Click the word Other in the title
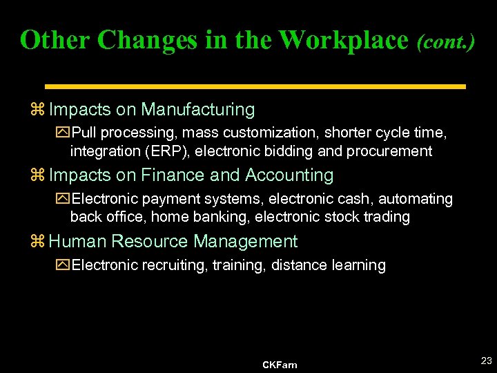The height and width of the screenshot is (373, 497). tap(56, 40)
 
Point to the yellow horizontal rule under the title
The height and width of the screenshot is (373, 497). tap(255, 86)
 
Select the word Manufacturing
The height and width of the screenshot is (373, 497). tap(198, 109)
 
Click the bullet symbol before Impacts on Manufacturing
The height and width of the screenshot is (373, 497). tap(37, 110)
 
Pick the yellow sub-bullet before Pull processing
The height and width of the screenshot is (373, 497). tap(64, 133)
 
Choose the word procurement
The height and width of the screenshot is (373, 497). tap(391, 151)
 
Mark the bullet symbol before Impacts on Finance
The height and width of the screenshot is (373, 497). tap(37, 176)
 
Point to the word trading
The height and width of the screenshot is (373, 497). tap(385, 217)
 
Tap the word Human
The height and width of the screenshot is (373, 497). tap(77, 241)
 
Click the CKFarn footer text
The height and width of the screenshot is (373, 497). tap(280, 365)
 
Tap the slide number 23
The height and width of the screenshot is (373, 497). tap(486, 361)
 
